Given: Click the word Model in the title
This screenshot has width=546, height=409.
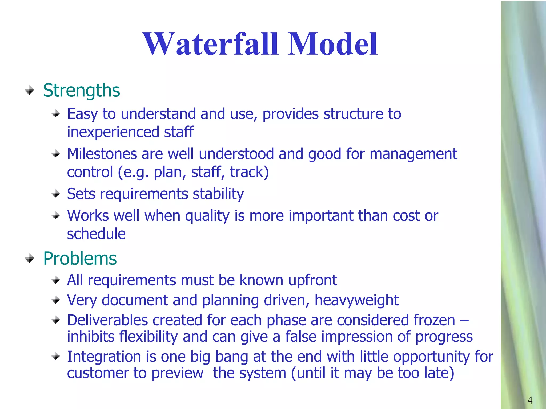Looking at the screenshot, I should (332, 44).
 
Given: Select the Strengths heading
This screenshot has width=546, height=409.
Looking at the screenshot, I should (81, 91).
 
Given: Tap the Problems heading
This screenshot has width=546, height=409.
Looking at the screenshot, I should (80, 259).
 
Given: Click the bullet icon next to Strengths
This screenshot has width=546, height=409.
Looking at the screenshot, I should (29, 91).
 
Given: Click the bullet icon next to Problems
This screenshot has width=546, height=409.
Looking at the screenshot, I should (29, 259).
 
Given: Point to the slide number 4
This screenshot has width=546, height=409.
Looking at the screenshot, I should (530, 400).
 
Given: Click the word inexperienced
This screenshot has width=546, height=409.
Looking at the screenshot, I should (113, 132).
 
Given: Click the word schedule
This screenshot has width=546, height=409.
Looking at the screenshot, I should (96, 234).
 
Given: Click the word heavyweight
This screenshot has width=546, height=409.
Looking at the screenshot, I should (356, 300).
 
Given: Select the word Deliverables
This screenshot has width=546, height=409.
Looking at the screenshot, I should (107, 320).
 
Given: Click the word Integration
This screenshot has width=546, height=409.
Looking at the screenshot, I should (104, 357).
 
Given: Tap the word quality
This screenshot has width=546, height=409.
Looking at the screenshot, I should (207, 216).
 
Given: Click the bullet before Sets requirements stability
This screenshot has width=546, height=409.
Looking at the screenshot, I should (56, 194).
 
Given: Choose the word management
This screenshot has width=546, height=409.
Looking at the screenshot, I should (413, 154).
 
